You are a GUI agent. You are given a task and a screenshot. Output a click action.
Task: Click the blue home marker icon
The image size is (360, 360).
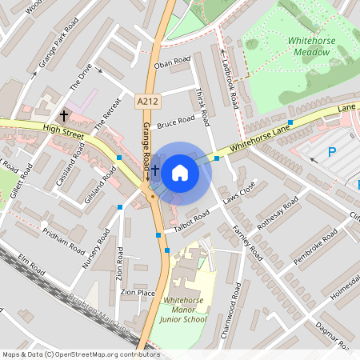pos(180,172)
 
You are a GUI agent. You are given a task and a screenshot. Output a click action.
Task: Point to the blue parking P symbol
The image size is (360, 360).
pos(332,153)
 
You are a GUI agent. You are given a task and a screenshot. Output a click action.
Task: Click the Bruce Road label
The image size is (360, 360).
pos(176,122)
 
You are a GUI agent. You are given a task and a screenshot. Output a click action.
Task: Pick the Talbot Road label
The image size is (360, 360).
pos(191,221)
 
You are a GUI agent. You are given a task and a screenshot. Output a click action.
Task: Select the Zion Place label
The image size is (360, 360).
pos(137,294)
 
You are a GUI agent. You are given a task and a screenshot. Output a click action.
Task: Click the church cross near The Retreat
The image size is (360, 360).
pos(64,117)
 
